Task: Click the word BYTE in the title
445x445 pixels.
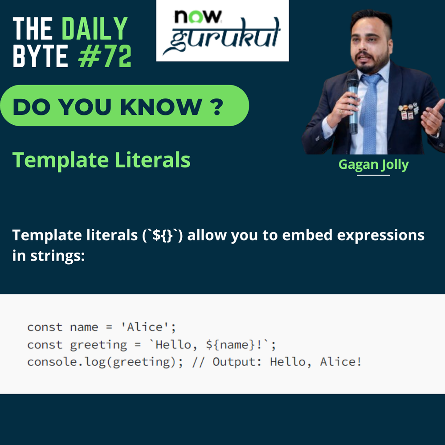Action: (x=40, y=57)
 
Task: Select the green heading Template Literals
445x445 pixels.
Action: (x=101, y=160)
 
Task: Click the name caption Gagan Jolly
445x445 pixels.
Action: (x=373, y=165)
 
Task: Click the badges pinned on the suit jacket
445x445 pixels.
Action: (x=408, y=112)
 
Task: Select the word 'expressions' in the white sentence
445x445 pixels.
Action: (x=380, y=235)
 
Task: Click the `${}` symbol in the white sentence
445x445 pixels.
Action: (x=163, y=235)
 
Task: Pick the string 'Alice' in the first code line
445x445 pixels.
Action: (x=148, y=327)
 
